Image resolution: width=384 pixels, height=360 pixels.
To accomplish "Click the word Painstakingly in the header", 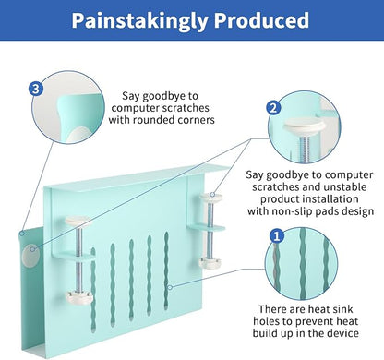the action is (x=140, y=20).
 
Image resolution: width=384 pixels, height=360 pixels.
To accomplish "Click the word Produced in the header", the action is (x=261, y=20).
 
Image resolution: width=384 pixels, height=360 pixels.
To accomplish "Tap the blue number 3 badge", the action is (x=36, y=89).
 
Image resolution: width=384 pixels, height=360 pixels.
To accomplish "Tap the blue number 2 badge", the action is (x=273, y=108).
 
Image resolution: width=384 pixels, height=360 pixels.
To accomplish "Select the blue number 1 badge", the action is (x=277, y=236).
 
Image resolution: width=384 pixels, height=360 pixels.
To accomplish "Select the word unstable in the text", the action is (x=346, y=187).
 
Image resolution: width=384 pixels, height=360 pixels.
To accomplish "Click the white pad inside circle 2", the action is (x=304, y=125).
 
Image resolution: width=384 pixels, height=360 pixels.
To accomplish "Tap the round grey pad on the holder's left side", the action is (x=30, y=255).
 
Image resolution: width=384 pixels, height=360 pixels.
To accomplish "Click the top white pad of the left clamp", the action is (x=78, y=221).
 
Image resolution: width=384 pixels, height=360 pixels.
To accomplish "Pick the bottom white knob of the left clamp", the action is (x=78, y=297).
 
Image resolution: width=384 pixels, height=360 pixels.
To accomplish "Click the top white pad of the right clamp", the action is (x=211, y=197).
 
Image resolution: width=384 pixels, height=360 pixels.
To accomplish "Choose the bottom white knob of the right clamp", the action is (x=210, y=263).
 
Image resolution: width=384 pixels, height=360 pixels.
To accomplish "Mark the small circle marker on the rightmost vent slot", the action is (x=170, y=287).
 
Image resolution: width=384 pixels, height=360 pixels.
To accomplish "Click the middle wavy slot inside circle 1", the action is (x=303, y=264).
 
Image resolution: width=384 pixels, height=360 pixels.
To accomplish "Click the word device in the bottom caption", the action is (x=343, y=333).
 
